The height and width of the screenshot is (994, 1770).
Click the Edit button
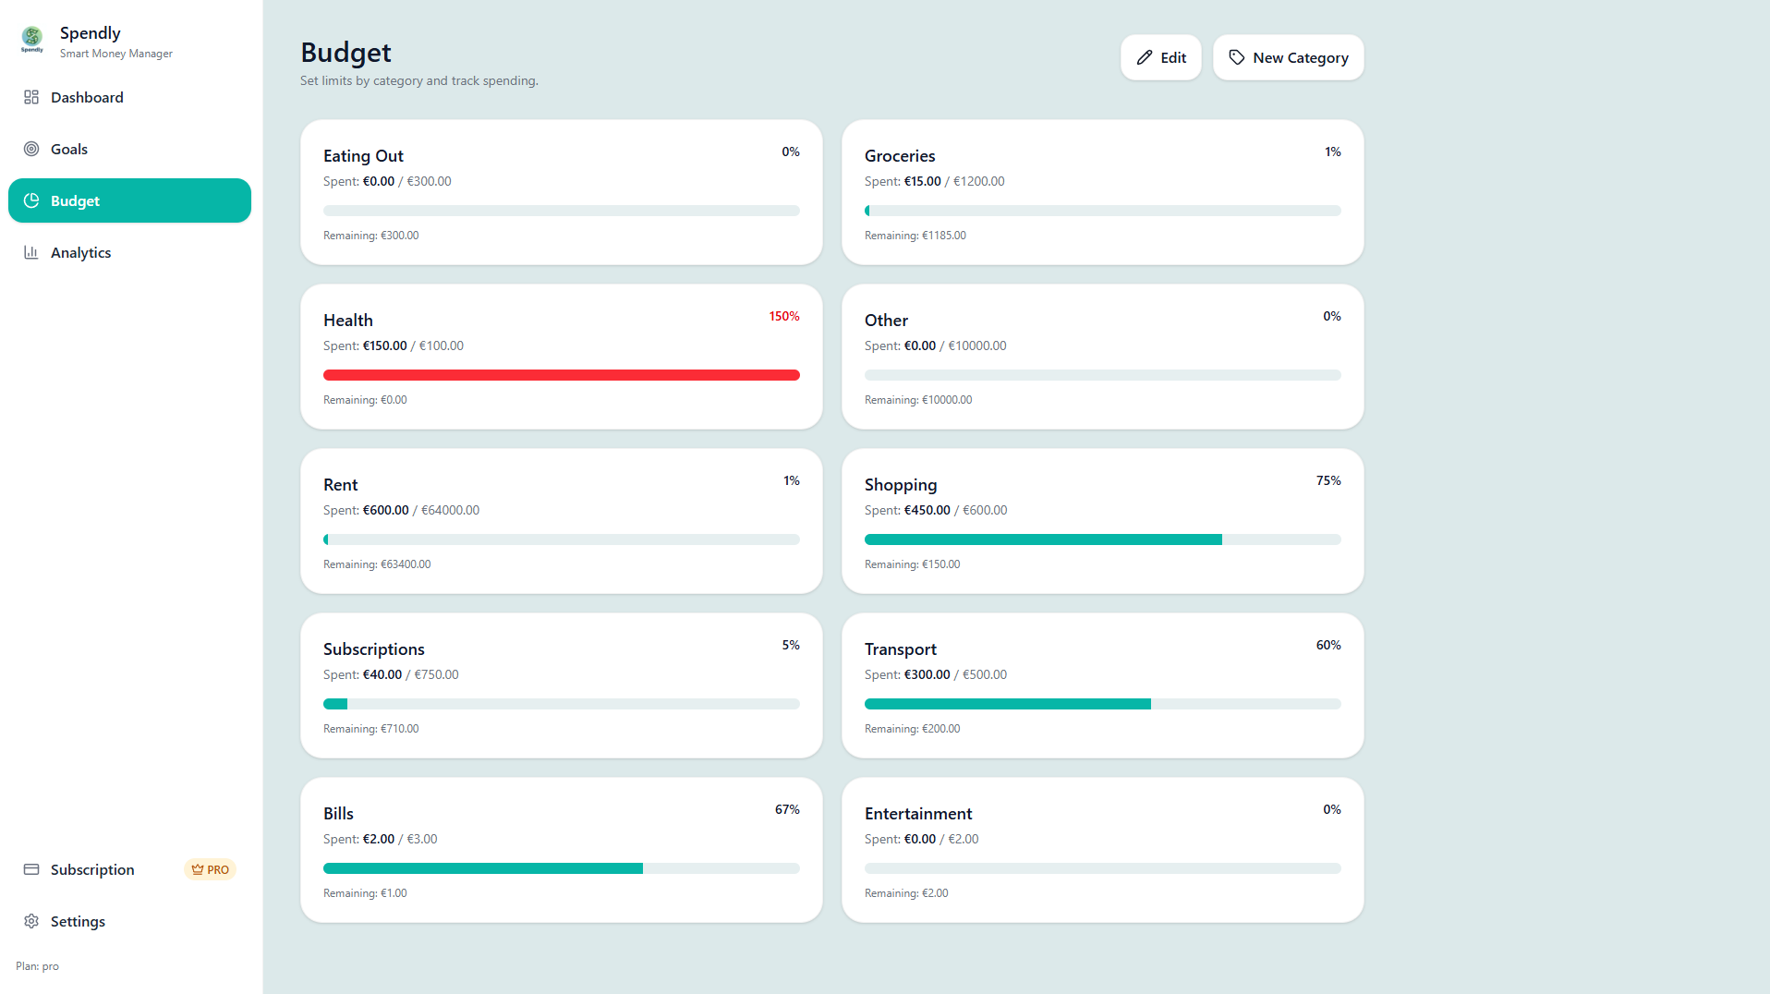(x=1160, y=57)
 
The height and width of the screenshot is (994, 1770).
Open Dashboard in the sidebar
(x=87, y=97)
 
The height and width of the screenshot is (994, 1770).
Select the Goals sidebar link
(x=69, y=149)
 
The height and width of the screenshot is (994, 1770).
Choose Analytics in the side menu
(x=80, y=252)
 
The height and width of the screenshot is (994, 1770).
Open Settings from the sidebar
(x=78, y=921)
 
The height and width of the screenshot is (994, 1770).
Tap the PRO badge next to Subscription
(x=211, y=869)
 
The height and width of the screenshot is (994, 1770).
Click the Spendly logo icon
(x=32, y=39)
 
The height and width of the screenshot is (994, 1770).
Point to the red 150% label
(x=784, y=316)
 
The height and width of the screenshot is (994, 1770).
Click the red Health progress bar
(x=562, y=375)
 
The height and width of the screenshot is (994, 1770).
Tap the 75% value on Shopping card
(x=1328, y=480)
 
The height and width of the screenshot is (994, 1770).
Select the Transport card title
(x=901, y=649)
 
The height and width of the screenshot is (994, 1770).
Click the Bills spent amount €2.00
(x=379, y=839)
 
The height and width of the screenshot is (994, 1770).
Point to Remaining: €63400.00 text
(x=377, y=564)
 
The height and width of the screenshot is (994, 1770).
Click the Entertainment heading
(x=918, y=814)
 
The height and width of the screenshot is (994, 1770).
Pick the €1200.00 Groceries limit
(x=978, y=181)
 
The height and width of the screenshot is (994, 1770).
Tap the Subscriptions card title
(x=374, y=649)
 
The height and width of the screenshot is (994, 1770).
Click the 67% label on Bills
(x=787, y=809)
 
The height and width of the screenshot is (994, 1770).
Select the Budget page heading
(x=346, y=53)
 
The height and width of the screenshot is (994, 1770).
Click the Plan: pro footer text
(x=37, y=966)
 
